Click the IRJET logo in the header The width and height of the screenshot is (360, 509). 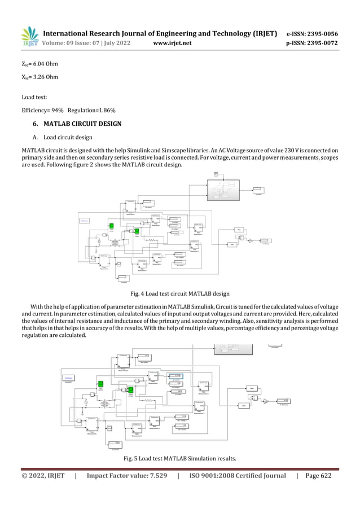click(30, 36)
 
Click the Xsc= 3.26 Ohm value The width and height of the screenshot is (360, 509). click(39, 77)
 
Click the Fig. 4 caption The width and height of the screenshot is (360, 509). click(179, 293)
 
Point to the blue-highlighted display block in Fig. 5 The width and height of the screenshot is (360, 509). click(177, 376)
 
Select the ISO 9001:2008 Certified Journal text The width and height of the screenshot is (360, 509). click(236, 476)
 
